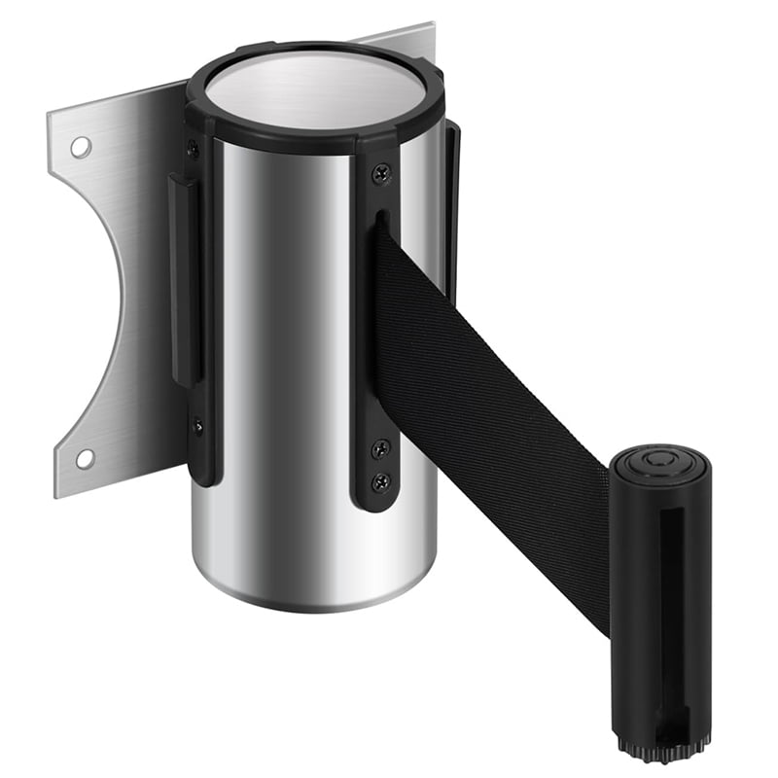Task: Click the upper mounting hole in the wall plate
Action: pos(81,147)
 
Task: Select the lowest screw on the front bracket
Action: pos(382,480)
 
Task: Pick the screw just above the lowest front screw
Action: pos(381,448)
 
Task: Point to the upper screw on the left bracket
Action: pos(193,148)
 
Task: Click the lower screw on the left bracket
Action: pos(197,425)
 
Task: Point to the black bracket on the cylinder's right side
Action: pos(451,214)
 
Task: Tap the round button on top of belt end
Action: pos(661,462)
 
